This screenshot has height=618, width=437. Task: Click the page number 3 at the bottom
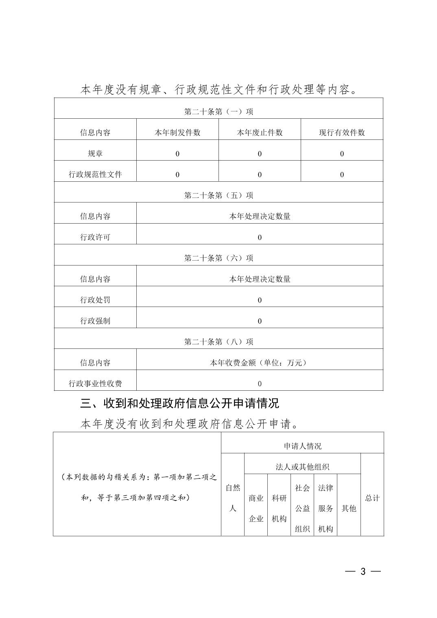(x=363, y=571)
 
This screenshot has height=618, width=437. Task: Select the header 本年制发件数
(x=177, y=133)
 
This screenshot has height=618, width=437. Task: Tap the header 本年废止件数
(x=260, y=133)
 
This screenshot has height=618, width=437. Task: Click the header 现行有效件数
(x=342, y=133)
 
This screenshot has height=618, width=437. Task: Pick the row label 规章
(x=95, y=154)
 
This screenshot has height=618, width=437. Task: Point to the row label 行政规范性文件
(x=95, y=174)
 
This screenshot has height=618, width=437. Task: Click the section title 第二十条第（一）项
(x=218, y=111)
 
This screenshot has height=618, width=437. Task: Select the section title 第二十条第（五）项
(x=218, y=195)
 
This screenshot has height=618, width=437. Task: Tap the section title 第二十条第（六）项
(x=218, y=258)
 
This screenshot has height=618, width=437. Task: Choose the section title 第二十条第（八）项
(x=218, y=342)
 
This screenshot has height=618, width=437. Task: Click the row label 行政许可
(x=95, y=237)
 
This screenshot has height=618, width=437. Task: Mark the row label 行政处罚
(x=95, y=300)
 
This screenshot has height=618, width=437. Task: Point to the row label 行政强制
(x=95, y=321)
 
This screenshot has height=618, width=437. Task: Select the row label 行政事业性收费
(x=95, y=383)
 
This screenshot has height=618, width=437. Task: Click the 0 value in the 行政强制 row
(x=260, y=321)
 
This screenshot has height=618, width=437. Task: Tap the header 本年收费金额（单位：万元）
(x=260, y=363)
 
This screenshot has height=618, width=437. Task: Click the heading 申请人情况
(x=302, y=446)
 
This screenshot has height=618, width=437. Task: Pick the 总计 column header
(x=372, y=498)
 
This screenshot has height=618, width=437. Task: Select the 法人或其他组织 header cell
(x=302, y=467)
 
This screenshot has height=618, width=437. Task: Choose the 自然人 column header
(x=233, y=498)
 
